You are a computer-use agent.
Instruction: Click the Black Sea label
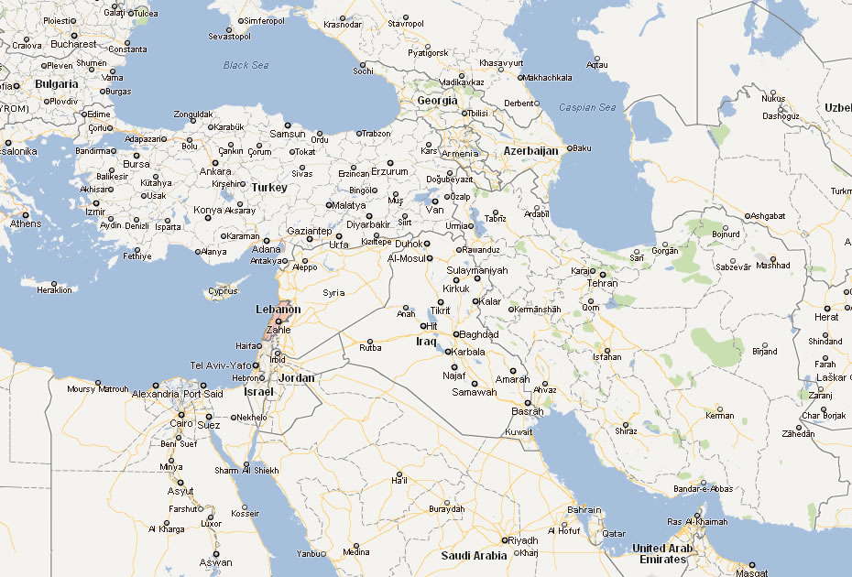(246, 65)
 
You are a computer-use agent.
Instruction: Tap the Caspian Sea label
(587, 107)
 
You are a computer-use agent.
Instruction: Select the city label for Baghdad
(478, 334)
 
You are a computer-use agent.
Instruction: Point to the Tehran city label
(601, 283)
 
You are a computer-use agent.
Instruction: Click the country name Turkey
(269, 187)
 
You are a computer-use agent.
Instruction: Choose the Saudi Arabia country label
(474, 556)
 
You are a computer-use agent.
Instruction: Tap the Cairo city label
(180, 423)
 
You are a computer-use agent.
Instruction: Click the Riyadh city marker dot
(503, 539)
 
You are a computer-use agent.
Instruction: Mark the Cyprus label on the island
(222, 292)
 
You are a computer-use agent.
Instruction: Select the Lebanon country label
(278, 310)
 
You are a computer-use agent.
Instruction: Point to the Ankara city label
(215, 171)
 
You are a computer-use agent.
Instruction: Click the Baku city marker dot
(569, 147)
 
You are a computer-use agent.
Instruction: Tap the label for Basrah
(528, 411)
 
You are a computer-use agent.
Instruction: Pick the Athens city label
(25, 223)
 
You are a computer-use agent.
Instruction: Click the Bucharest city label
(73, 44)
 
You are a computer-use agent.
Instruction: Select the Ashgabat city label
(767, 216)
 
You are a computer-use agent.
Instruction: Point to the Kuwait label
(519, 431)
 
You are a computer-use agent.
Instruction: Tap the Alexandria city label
(155, 394)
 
